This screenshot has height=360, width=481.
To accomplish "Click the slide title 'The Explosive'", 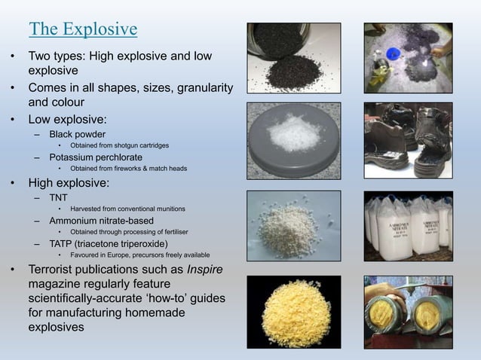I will coord(83,29).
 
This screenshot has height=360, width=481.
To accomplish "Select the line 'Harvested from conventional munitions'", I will coord(128,208).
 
